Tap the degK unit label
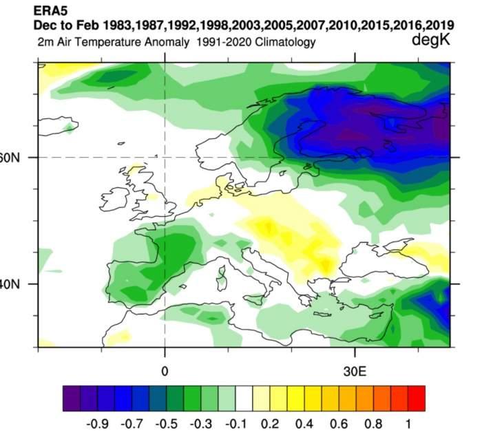coord(431,41)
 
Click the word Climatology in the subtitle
coord(282,43)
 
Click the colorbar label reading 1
coord(409,420)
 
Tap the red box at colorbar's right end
coord(417,398)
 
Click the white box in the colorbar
coord(244,398)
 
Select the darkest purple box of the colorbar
coord(72,398)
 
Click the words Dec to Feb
coord(62,25)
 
